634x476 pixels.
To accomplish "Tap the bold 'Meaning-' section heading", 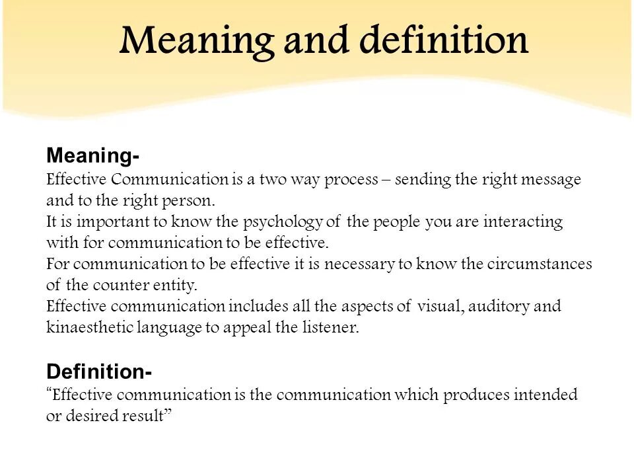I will [x=92, y=157].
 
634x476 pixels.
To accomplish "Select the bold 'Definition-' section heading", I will [x=99, y=372].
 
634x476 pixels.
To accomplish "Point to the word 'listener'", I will [x=332, y=328].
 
